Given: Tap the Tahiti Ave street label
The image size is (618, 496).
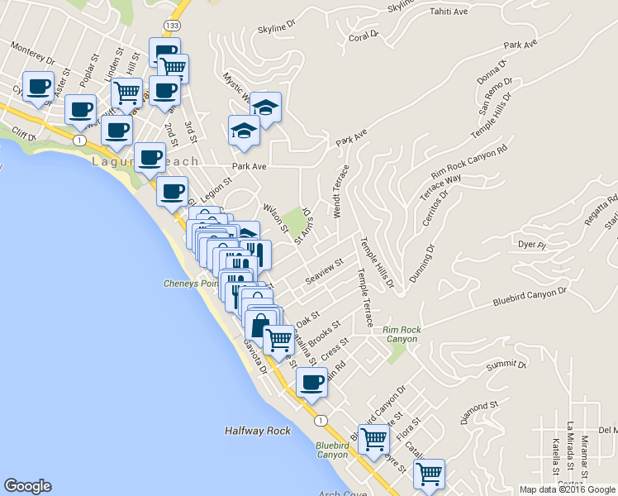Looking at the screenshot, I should click(449, 12).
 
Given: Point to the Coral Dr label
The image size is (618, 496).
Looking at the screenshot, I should click(364, 36).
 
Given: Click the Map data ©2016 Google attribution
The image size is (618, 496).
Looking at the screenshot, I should click(568, 489).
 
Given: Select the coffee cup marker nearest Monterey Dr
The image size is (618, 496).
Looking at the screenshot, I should click(39, 86).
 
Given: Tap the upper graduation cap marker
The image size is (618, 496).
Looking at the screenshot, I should click(265, 106).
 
